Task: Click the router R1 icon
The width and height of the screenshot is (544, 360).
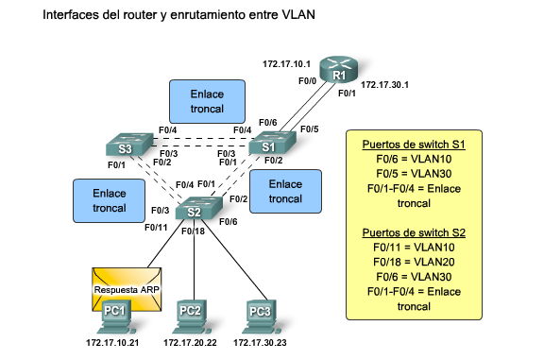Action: point(337,72)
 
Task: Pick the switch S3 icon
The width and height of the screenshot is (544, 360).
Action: point(127,147)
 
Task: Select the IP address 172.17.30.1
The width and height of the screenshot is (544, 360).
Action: point(384,84)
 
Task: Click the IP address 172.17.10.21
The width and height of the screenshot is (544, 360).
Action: point(112,341)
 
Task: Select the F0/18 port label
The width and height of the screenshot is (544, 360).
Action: point(192,231)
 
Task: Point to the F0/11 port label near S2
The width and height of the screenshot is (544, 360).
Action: point(156,228)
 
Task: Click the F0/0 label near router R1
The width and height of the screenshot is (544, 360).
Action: point(307,82)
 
